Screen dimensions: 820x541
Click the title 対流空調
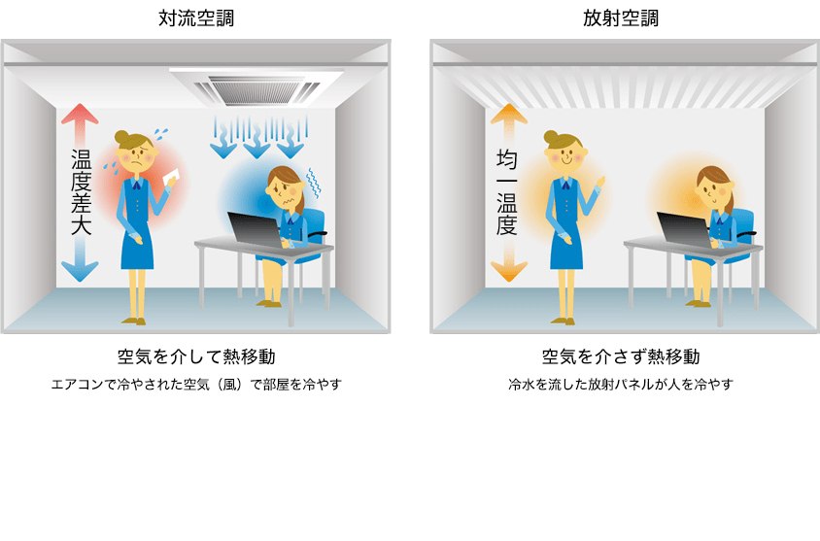[196, 18]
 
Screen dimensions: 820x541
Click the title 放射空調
[621, 18]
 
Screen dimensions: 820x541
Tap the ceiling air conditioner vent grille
[256, 89]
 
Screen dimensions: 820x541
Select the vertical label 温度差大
[81, 192]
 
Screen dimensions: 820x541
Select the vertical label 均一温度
[507, 192]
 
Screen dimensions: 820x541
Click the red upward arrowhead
[80, 114]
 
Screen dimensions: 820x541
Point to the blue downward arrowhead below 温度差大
[80, 272]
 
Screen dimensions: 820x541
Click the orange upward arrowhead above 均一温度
[509, 114]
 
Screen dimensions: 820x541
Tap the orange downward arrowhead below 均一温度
[509, 272]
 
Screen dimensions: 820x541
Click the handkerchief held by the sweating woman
[172, 177]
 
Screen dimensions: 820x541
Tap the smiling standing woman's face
[564, 155]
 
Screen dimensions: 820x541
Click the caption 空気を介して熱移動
[196, 357]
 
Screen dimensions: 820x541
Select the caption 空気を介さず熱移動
[621, 357]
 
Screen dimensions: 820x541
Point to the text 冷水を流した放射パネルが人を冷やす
[621, 385]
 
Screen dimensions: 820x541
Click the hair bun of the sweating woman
[121, 137]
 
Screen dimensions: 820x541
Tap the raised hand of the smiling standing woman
[600, 183]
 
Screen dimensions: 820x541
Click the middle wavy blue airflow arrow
[256, 138]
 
